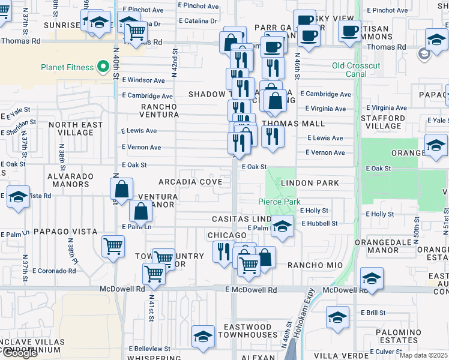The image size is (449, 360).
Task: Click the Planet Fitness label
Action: click(x=67, y=67)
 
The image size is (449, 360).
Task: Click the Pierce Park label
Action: click(x=279, y=202)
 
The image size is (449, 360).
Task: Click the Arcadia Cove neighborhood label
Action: click(x=190, y=182)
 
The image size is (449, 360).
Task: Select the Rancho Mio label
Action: click(x=315, y=265)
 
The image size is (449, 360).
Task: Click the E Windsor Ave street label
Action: click(x=143, y=80)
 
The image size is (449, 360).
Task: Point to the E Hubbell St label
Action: click(x=319, y=223)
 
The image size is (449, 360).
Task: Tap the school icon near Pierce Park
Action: click(x=282, y=226)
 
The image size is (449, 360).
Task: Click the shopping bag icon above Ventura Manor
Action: click(x=122, y=189)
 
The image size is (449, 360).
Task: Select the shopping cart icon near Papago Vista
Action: click(x=113, y=245)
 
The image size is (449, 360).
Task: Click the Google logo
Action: click(x=20, y=352)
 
